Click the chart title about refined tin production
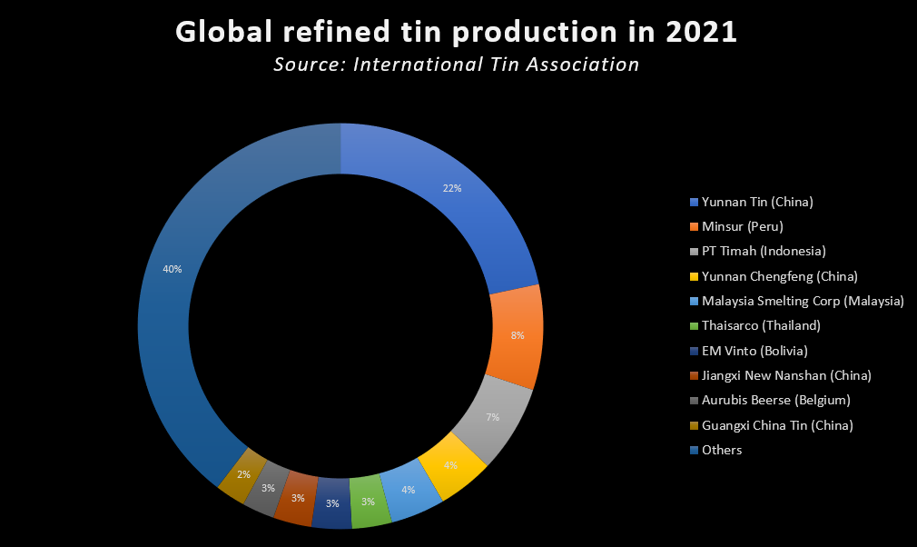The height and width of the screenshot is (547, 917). click(456, 32)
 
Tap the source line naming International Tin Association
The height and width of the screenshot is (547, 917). click(456, 65)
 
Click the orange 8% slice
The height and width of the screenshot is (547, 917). click(514, 336)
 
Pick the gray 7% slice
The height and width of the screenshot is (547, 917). click(492, 416)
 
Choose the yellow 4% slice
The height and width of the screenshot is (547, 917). click(450, 465)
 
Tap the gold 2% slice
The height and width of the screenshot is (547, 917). click(242, 474)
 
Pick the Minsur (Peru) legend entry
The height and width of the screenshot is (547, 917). click(742, 226)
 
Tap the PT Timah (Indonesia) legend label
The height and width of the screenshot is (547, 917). click(763, 252)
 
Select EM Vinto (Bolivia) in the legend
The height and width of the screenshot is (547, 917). click(754, 351)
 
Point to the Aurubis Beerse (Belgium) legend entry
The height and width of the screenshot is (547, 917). click(775, 400)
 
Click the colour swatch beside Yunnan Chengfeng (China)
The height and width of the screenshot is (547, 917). click(695, 276)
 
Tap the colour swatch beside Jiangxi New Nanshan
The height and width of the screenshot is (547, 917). click(695, 375)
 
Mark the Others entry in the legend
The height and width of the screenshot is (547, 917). click(721, 450)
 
